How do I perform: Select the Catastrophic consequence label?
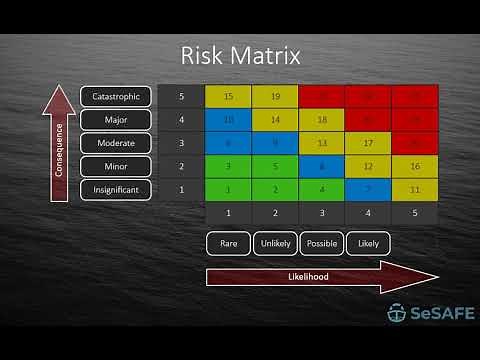[x=116, y=97]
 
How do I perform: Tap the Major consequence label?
[x=116, y=120]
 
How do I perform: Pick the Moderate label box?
[x=116, y=143]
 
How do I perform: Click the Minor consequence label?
[x=116, y=166]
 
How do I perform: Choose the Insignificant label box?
[x=116, y=188]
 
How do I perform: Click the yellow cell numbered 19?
[x=275, y=97]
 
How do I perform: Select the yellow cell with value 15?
[x=228, y=97]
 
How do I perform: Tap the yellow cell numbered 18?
[x=321, y=120]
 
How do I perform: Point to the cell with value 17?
[x=368, y=143]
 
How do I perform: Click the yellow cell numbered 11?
[x=414, y=189]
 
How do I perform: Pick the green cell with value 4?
[x=321, y=189]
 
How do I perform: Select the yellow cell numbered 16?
[x=414, y=166]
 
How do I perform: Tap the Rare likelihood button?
[x=228, y=242]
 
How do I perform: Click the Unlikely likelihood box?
[x=275, y=242]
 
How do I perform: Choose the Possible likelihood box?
[x=321, y=242]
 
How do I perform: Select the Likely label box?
[x=368, y=242]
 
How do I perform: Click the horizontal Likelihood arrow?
[x=320, y=277]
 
